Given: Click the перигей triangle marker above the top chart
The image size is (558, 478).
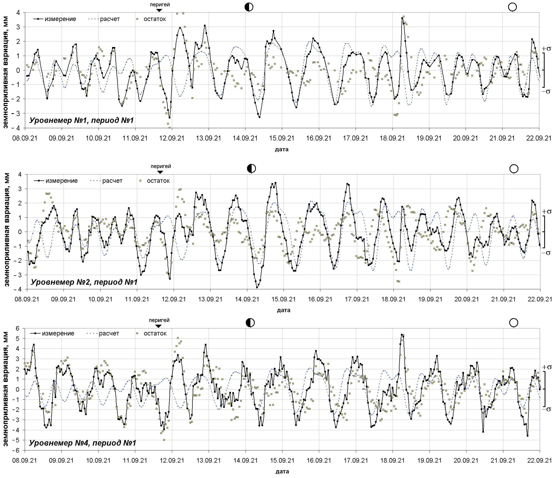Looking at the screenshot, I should tap(159, 10).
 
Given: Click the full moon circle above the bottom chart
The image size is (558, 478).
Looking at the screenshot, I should tap(514, 323).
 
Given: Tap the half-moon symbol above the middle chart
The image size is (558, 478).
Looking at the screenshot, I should tap(251, 168).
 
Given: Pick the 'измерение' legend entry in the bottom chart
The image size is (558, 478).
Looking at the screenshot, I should tap(52, 333).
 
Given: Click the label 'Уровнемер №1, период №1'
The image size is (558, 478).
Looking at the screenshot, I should tap(82, 120).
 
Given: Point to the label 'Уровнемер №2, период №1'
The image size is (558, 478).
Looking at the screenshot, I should tap(84, 282).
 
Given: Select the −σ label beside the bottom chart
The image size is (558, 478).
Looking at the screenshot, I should tap(546, 409).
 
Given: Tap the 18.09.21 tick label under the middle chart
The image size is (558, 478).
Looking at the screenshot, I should tap(393, 299).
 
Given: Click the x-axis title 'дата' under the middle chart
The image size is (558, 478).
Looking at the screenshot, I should tap(283, 310).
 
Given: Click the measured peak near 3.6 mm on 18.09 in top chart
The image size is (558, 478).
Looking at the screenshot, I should tap(402, 18).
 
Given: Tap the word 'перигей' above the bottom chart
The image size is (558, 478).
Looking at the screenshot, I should tap(159, 320).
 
